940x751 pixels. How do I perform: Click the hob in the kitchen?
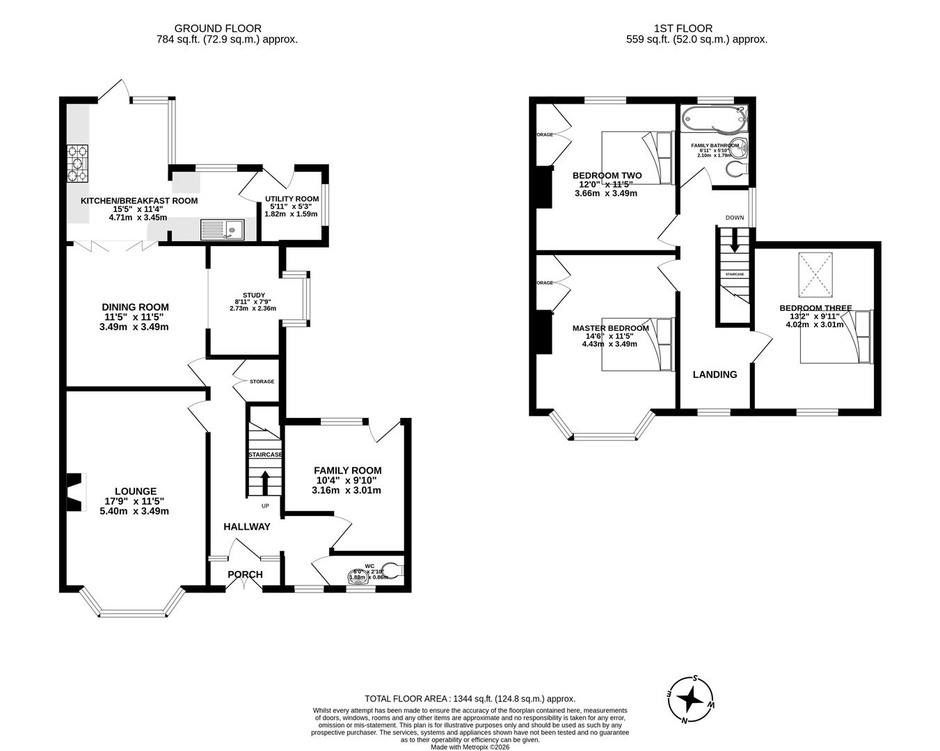77,163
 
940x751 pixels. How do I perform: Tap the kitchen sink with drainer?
222,229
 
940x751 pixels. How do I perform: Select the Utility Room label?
292,199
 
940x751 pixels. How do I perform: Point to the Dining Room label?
135,307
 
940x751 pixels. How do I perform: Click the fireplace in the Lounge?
74,490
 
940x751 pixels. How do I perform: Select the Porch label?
246,574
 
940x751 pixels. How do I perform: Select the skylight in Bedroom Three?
819,274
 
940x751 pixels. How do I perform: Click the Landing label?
715,374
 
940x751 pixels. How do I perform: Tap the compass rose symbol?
690,698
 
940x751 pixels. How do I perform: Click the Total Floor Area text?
470,699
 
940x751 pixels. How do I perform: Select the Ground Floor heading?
218,29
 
